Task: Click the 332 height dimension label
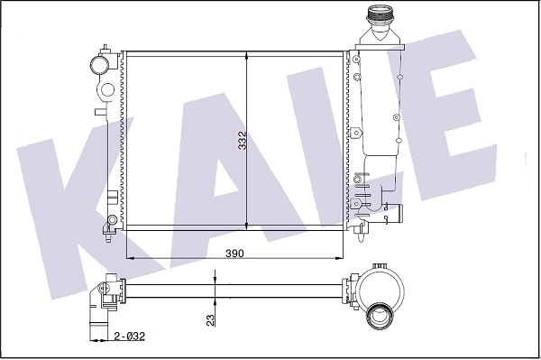pyautogui.click(x=243, y=141)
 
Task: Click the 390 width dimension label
pyautogui.click(x=234, y=254)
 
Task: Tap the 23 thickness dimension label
pyautogui.click(x=210, y=320)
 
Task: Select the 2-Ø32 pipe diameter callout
pyautogui.click(x=129, y=337)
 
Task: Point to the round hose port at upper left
pyautogui.click(x=99, y=65)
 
